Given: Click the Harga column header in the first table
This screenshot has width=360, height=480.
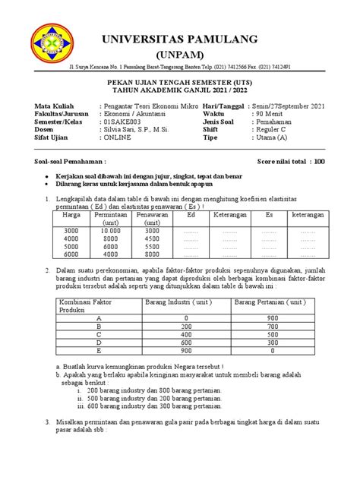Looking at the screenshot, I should coord(71,215).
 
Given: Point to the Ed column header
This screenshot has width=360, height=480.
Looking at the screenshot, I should coord(191,215).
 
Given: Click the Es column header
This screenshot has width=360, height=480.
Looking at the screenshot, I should coord(268,215).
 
